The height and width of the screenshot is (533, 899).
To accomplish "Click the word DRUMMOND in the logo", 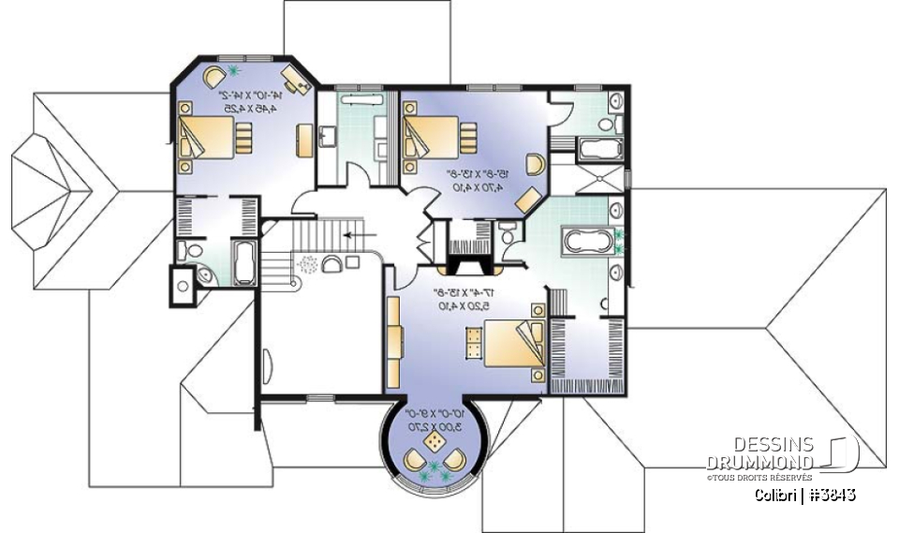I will (x=759, y=462).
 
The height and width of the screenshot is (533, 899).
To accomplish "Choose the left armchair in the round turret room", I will (x=413, y=460).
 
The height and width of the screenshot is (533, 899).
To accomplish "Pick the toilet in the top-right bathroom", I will (x=605, y=123).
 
